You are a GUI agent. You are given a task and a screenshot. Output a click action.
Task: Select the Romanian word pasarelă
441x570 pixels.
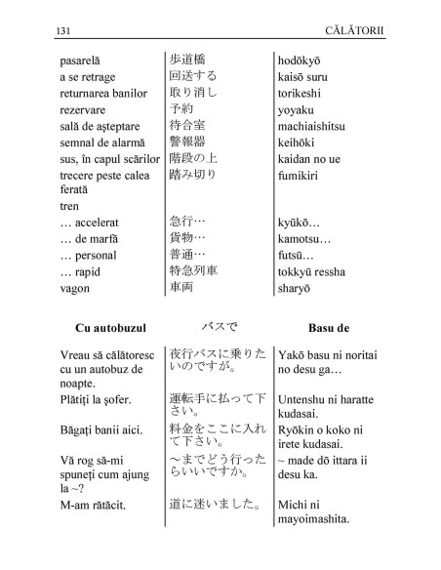click(x=85, y=61)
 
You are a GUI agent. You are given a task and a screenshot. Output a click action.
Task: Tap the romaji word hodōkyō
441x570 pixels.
click(x=306, y=61)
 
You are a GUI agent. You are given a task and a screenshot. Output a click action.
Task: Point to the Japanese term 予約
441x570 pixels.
click(x=182, y=108)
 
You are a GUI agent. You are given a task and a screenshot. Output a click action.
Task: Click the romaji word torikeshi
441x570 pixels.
click(x=304, y=93)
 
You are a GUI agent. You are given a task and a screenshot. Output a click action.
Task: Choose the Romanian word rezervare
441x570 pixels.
click(x=85, y=109)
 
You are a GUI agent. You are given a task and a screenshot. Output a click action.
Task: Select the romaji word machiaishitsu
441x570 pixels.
click(x=320, y=126)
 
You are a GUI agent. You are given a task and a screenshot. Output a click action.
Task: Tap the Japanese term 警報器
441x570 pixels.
click(x=187, y=142)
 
